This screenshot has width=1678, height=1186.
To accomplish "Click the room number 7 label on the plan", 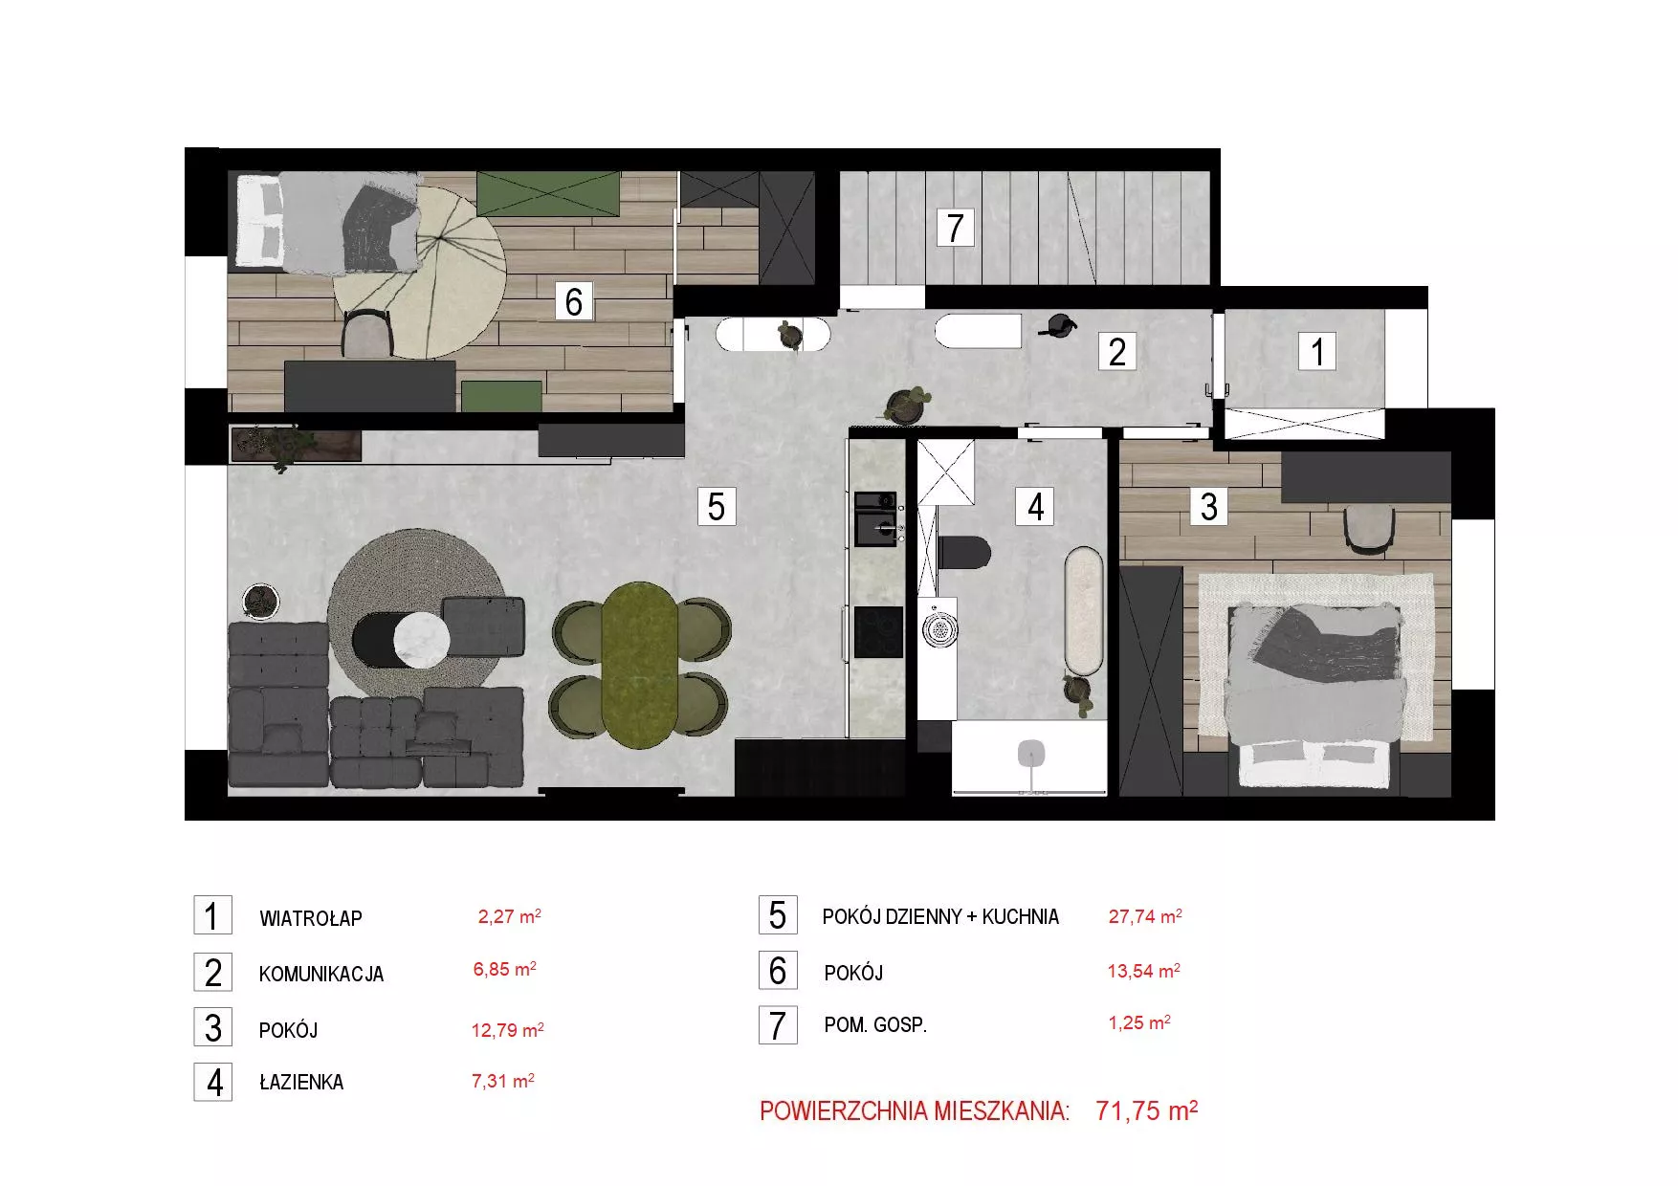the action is point(955,228).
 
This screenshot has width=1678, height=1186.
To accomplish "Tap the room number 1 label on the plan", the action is point(1317,351).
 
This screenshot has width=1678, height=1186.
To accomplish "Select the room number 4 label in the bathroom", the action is point(1035,507).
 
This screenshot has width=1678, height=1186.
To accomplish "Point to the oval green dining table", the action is point(640,665).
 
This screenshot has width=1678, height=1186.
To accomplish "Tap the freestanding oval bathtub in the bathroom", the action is point(1084,611).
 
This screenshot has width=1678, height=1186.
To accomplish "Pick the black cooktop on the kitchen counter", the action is point(878,631).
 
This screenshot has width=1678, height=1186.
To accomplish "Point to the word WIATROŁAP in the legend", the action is point(311,919).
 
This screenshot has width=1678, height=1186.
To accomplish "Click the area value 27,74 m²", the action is point(1145,916).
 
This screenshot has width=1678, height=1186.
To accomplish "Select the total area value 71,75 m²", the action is point(1147,1110).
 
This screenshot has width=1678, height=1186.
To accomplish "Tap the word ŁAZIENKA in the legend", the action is point(301,1082).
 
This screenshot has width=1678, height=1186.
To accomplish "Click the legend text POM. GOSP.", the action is point(875,1025).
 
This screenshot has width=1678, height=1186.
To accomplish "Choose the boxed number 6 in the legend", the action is point(778,971).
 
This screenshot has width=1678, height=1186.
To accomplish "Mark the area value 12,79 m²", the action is point(508,1030).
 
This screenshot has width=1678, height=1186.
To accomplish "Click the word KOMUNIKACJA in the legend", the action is point(321,975).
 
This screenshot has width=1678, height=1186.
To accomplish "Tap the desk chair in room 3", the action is point(1370,529).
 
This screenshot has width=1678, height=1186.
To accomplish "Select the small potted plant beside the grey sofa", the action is point(260,601).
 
